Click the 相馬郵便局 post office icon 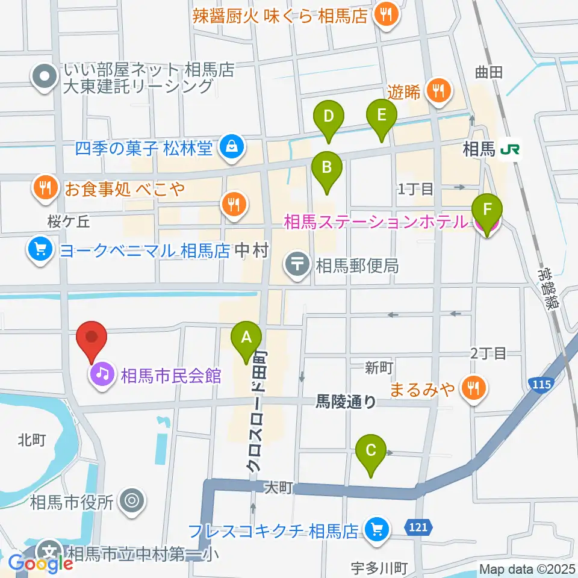pos(297,264)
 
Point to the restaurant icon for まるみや pos(473,388)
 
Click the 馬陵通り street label pos(346,402)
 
